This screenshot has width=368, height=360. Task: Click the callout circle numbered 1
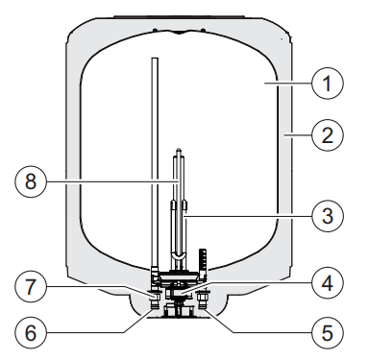pos(327,84)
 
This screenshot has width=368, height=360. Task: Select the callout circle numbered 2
pos(327,135)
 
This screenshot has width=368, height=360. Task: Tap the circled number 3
pos(327,216)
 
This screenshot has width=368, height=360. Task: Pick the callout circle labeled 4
pos(327,283)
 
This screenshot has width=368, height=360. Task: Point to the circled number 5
pos(327,333)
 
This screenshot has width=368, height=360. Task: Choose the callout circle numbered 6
pos(31,333)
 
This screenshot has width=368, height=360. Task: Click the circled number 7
pos(31,287)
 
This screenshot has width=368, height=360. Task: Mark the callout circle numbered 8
pos(31,181)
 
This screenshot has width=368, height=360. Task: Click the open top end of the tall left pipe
pos(155,59)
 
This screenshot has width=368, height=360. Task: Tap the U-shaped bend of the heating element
pos(179,256)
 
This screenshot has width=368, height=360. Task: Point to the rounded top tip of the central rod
pos(179,149)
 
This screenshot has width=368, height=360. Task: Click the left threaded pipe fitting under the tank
pos(156,300)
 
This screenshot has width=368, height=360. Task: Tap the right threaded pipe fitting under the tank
pos(204,300)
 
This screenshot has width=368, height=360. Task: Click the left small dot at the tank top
pos(155,31)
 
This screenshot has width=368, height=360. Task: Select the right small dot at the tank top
pos(203,31)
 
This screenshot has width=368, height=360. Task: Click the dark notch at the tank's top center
pos(179,32)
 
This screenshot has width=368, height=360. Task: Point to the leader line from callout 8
pos(112,181)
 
